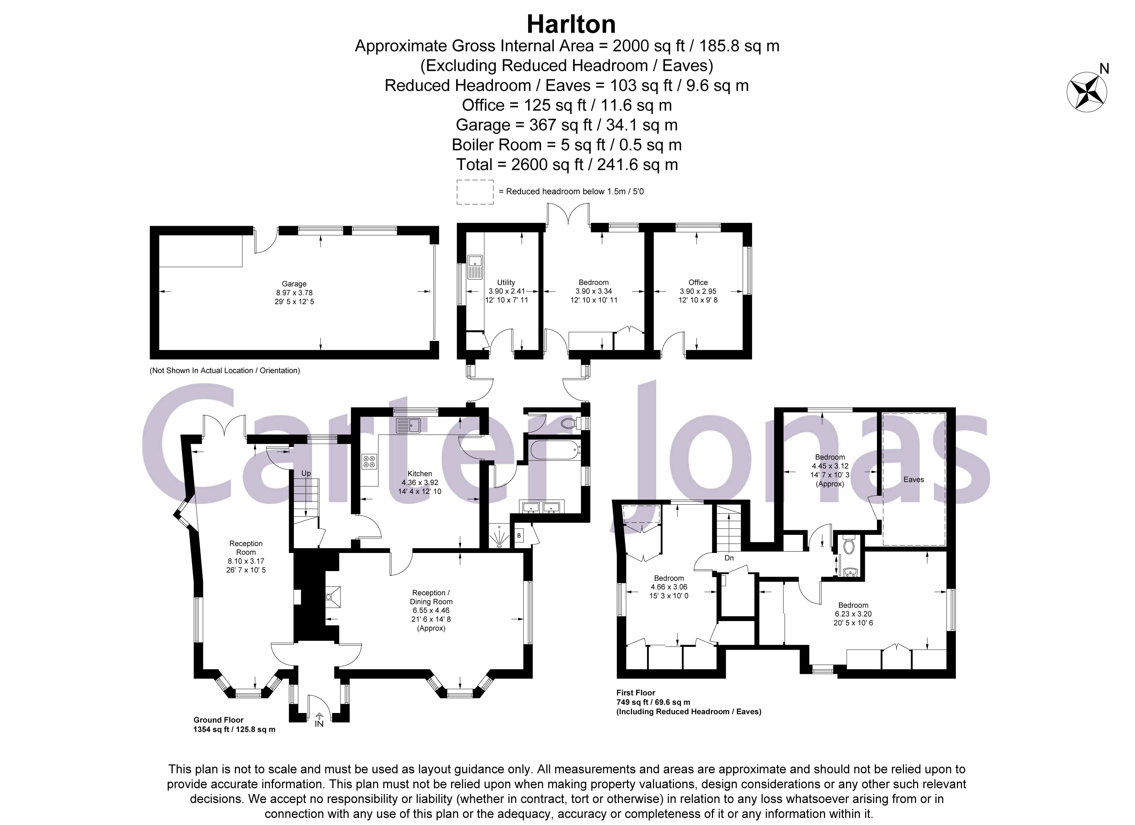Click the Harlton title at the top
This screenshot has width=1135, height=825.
pos(571,24)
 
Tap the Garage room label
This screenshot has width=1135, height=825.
pos(294,284)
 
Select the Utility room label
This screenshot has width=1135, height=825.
pos(506,282)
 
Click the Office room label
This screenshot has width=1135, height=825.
pos(698,282)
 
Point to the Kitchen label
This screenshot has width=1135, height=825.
pos(419,474)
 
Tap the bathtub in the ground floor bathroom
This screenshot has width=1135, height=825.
pos(555,449)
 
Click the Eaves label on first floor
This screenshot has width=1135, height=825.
pos(913,480)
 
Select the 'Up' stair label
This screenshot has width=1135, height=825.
pos(306,474)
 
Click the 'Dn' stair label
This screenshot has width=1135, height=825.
pos(729,558)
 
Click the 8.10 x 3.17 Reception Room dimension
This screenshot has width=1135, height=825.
pos(246,561)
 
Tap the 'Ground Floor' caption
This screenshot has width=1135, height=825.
pos(218,720)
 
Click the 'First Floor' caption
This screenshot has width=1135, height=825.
pos(636,693)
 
